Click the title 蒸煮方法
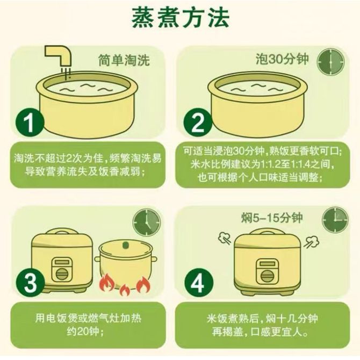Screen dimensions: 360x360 [x=181, y=18]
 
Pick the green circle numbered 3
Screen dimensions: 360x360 [x=30, y=283]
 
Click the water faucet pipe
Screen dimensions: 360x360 [x=59, y=56]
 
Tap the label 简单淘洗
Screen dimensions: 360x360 [x=124, y=60]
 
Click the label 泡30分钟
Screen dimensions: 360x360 [x=282, y=59]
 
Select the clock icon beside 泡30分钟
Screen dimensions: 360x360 [x=330, y=62]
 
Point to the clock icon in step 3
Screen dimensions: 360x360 [x=147, y=222]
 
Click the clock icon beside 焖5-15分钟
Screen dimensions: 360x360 [x=335, y=220]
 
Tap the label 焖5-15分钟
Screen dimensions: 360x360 [x=272, y=218]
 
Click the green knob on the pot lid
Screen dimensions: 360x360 [x=125, y=245]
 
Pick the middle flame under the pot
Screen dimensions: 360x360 [x=125, y=290]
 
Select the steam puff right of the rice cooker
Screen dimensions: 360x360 [x=312, y=242]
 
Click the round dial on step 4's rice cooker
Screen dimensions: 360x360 [x=267, y=275]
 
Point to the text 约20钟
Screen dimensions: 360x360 [x=83, y=332]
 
